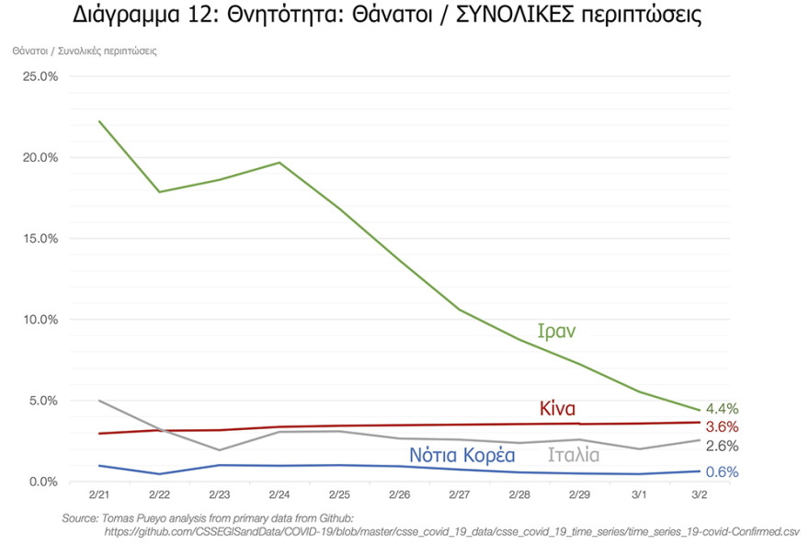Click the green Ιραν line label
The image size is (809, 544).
pos(556,332)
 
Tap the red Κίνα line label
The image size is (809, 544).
pos(557,409)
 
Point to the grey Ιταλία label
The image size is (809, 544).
pos(574,455)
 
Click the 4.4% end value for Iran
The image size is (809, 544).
pos(722,409)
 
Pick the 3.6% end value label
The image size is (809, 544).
pos(722,427)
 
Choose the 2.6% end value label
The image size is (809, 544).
pos(722,447)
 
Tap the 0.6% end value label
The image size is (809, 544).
pos(722,472)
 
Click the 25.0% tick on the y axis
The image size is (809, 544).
pos(40,76)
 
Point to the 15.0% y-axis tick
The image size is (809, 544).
pos(40,238)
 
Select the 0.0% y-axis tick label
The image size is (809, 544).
pos(42,482)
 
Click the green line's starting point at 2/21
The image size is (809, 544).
pos(98,121)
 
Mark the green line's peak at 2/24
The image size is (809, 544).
pos(279,163)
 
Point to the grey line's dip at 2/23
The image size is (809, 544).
pos(219,450)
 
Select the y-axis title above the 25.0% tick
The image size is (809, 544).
pos(85,51)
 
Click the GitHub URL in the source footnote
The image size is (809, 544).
pos(450,531)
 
